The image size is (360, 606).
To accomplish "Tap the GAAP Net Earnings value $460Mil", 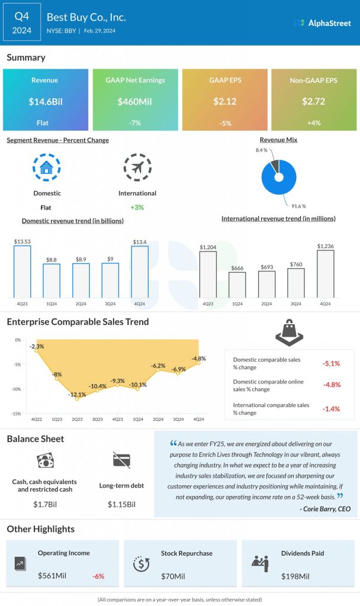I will (135, 101).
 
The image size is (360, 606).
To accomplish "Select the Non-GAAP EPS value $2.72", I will (314, 101).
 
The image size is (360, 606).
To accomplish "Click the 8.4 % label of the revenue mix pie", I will (261, 150).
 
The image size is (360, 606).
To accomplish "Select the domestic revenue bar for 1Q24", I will (52, 281).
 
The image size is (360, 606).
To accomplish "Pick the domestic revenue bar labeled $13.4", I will (140, 272).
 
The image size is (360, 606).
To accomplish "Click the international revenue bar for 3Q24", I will (296, 283).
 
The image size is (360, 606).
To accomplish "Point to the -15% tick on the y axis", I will (17, 414).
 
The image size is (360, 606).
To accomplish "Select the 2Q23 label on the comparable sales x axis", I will (78, 419).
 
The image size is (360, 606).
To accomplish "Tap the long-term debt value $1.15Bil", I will (121, 504).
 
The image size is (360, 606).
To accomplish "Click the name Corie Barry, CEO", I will (325, 509).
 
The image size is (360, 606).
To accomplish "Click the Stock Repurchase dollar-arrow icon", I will (141, 564).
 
